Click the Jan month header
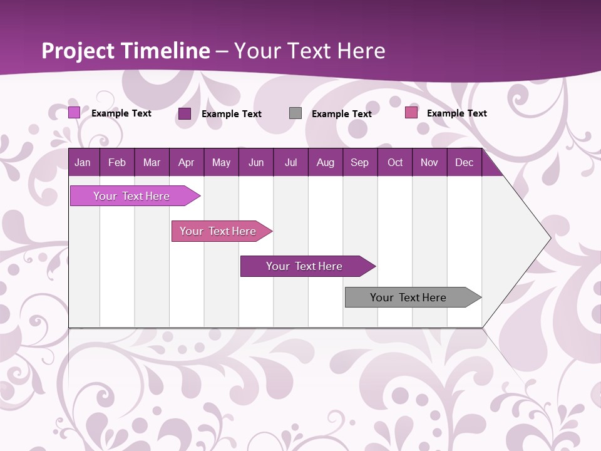83,163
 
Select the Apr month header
186,163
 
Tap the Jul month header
290,163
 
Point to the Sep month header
359,163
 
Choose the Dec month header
464,163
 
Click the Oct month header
395,163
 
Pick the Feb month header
117,163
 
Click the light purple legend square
74,113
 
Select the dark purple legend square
185,113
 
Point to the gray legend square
295,113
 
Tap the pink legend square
411,113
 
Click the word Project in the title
78,51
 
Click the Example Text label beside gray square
341,114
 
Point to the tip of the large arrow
550,237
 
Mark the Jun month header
256,163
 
